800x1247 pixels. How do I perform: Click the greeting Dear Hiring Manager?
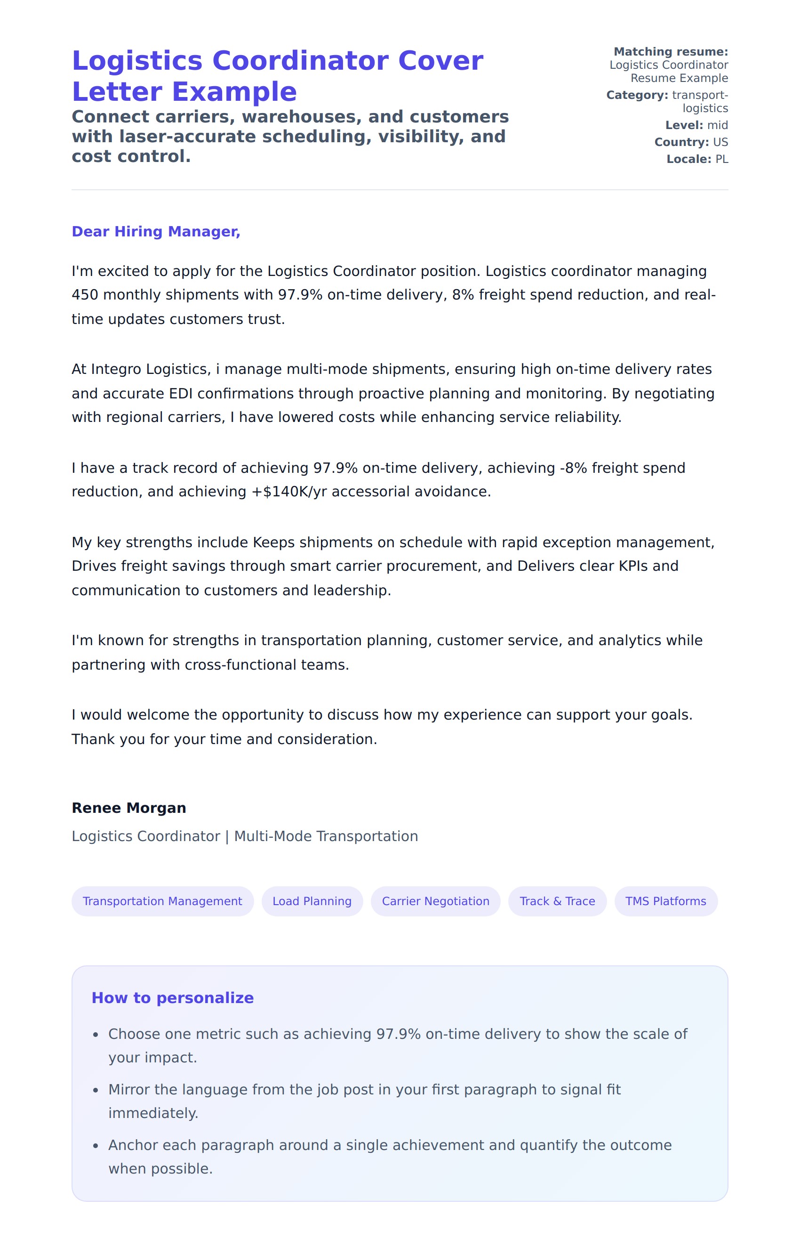point(156,231)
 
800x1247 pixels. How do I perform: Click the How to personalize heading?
point(172,997)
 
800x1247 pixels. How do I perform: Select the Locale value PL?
point(721,159)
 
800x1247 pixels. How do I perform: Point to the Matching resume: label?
point(671,51)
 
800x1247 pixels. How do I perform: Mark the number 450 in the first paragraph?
point(85,295)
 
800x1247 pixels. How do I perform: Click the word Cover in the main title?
point(440,61)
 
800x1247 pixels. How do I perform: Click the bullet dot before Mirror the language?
point(96,1091)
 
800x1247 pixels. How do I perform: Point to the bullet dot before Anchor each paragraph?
point(96,1147)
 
